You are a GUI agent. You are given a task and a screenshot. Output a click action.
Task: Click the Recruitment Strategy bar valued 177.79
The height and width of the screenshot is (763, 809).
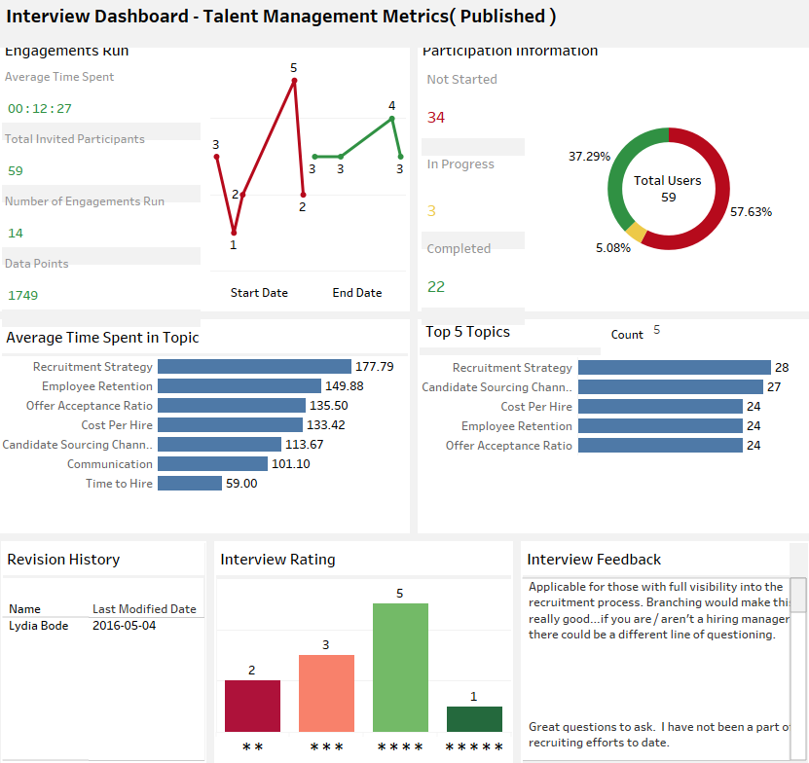click(254, 367)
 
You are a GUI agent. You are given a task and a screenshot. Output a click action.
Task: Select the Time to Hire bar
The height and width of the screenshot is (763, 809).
click(189, 484)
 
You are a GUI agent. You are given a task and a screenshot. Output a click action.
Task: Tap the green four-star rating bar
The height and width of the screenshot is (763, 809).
click(400, 667)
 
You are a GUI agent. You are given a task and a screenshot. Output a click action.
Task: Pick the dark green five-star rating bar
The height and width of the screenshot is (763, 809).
click(474, 718)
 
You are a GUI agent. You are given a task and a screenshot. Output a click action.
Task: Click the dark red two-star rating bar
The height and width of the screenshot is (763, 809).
click(252, 706)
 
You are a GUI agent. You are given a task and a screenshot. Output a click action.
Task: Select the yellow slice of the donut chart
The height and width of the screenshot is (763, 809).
click(635, 233)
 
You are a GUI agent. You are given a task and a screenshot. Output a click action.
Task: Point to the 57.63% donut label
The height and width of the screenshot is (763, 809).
click(751, 211)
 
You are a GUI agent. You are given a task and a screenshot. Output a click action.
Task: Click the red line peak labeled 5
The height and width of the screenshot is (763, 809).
click(293, 81)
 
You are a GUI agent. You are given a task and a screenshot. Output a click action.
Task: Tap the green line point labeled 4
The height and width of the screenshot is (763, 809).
click(391, 119)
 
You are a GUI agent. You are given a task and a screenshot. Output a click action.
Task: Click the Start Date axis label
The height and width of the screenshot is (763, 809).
click(259, 293)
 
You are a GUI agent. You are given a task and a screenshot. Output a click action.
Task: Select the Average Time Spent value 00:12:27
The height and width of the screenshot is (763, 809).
click(40, 108)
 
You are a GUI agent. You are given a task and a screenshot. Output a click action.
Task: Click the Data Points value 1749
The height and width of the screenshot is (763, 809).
click(23, 295)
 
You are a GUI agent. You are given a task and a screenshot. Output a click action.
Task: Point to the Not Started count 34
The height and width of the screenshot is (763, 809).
click(436, 118)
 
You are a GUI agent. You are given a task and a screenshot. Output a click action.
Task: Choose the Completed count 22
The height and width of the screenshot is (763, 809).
click(436, 287)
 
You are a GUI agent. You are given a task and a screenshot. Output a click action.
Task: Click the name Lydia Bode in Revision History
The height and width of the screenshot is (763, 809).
click(39, 626)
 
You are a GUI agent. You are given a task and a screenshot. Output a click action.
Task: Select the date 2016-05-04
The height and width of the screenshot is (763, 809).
click(124, 626)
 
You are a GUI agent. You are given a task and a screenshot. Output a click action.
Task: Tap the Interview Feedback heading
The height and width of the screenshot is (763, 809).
click(594, 560)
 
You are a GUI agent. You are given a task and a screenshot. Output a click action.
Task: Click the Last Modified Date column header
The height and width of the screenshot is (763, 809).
click(144, 609)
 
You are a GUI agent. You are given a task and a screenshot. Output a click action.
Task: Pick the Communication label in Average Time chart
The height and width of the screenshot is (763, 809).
click(110, 464)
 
